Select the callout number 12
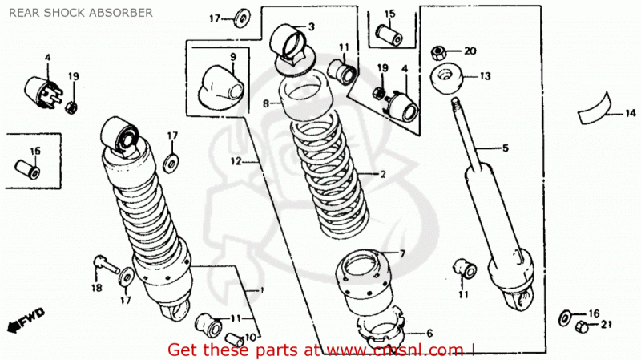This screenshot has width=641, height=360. click(x=236, y=161)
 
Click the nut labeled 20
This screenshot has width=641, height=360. click(x=439, y=52)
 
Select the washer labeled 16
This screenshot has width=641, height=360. click(x=566, y=313)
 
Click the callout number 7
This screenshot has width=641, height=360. click(x=402, y=253)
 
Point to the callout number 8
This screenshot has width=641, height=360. click(x=265, y=103)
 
